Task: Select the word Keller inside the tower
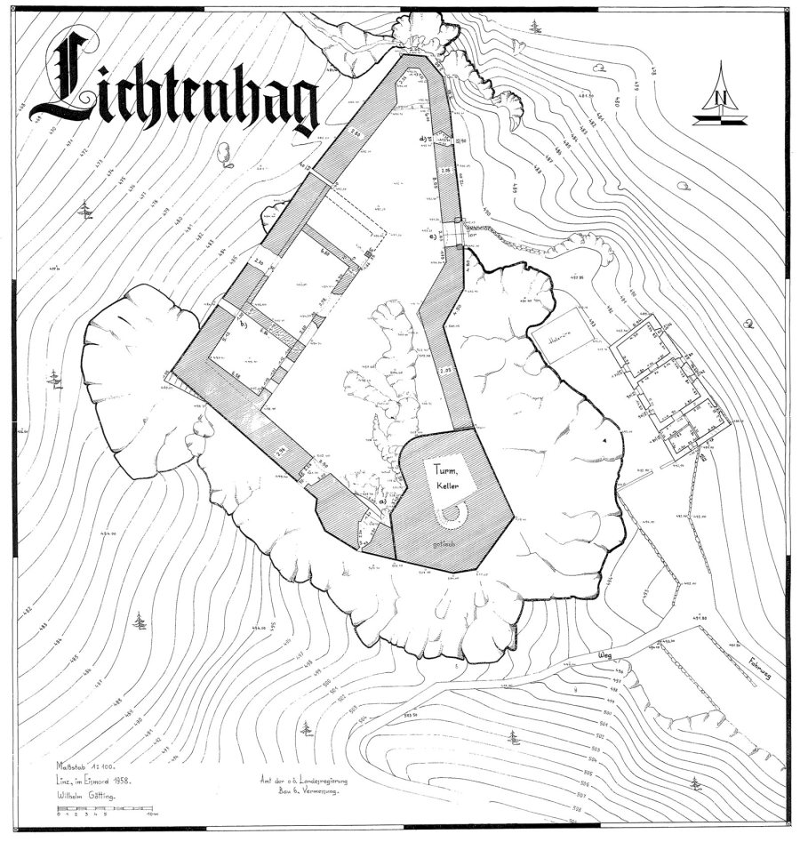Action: click(446, 487)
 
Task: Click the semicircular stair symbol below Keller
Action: click(450, 514)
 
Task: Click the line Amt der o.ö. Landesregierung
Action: click(301, 781)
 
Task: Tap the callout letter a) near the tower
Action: click(383, 502)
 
